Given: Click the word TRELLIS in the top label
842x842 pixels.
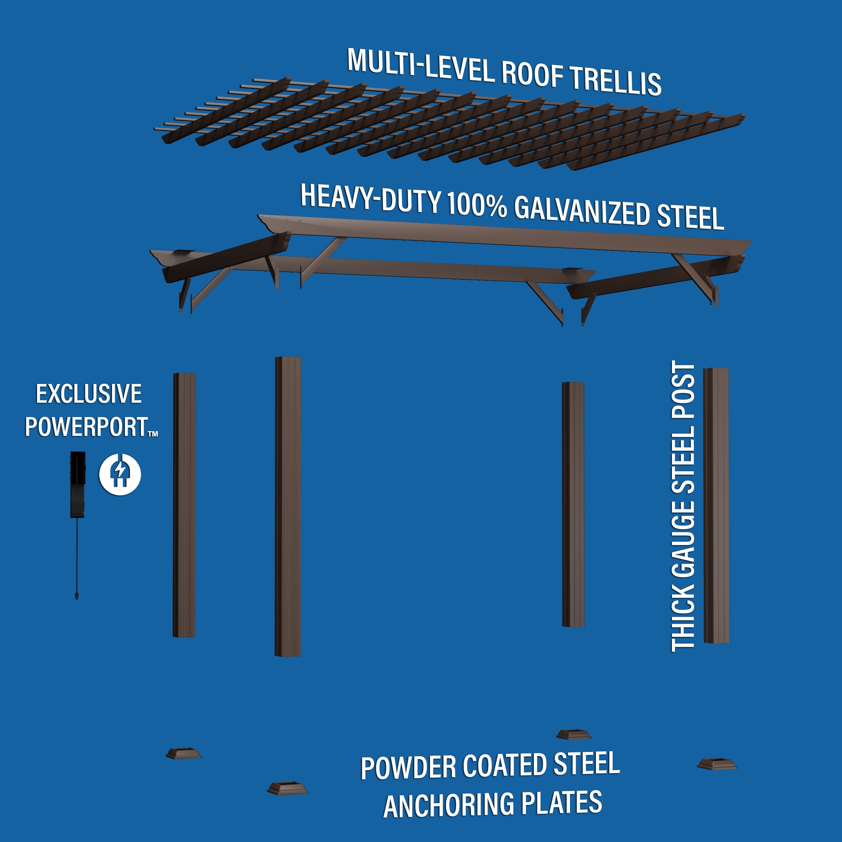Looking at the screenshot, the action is coord(616,81).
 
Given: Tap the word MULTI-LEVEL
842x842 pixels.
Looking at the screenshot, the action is coord(420,65).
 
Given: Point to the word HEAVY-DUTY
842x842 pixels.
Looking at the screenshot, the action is coord(370,198).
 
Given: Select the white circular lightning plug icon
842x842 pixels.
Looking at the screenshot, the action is coord(120,474).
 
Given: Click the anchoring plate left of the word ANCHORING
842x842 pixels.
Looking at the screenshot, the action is coord(287,788).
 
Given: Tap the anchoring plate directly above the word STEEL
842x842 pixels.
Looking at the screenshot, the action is coord(573,734).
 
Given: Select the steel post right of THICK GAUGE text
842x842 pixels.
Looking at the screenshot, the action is coord(716,505).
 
